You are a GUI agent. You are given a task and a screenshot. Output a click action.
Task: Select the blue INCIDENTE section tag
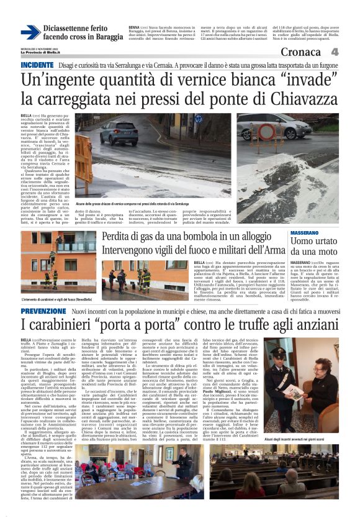coord(37,65)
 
